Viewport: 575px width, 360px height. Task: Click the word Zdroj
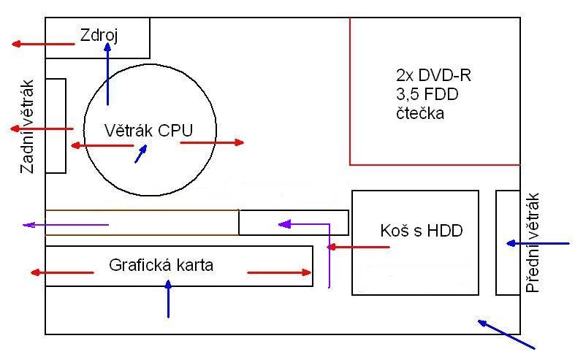tap(104, 34)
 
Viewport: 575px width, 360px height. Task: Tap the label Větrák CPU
tap(138, 131)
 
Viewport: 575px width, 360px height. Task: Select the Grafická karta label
tap(161, 265)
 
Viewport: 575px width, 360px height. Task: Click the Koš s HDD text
tap(422, 231)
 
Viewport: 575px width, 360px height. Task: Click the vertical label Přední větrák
tap(532, 243)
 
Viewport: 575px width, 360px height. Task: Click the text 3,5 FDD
tap(426, 94)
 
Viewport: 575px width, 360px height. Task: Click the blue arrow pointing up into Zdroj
tap(107, 73)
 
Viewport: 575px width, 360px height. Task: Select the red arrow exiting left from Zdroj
tap(43, 45)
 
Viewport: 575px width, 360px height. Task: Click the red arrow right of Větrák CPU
tap(212, 142)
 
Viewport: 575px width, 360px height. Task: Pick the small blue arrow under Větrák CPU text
tap(140, 153)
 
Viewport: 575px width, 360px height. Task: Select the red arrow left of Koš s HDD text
tap(358, 247)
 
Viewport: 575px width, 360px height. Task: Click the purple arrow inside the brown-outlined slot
tap(66, 224)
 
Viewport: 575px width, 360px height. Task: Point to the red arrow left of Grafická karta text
tap(62, 272)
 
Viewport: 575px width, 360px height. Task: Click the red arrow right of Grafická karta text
tap(280, 272)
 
